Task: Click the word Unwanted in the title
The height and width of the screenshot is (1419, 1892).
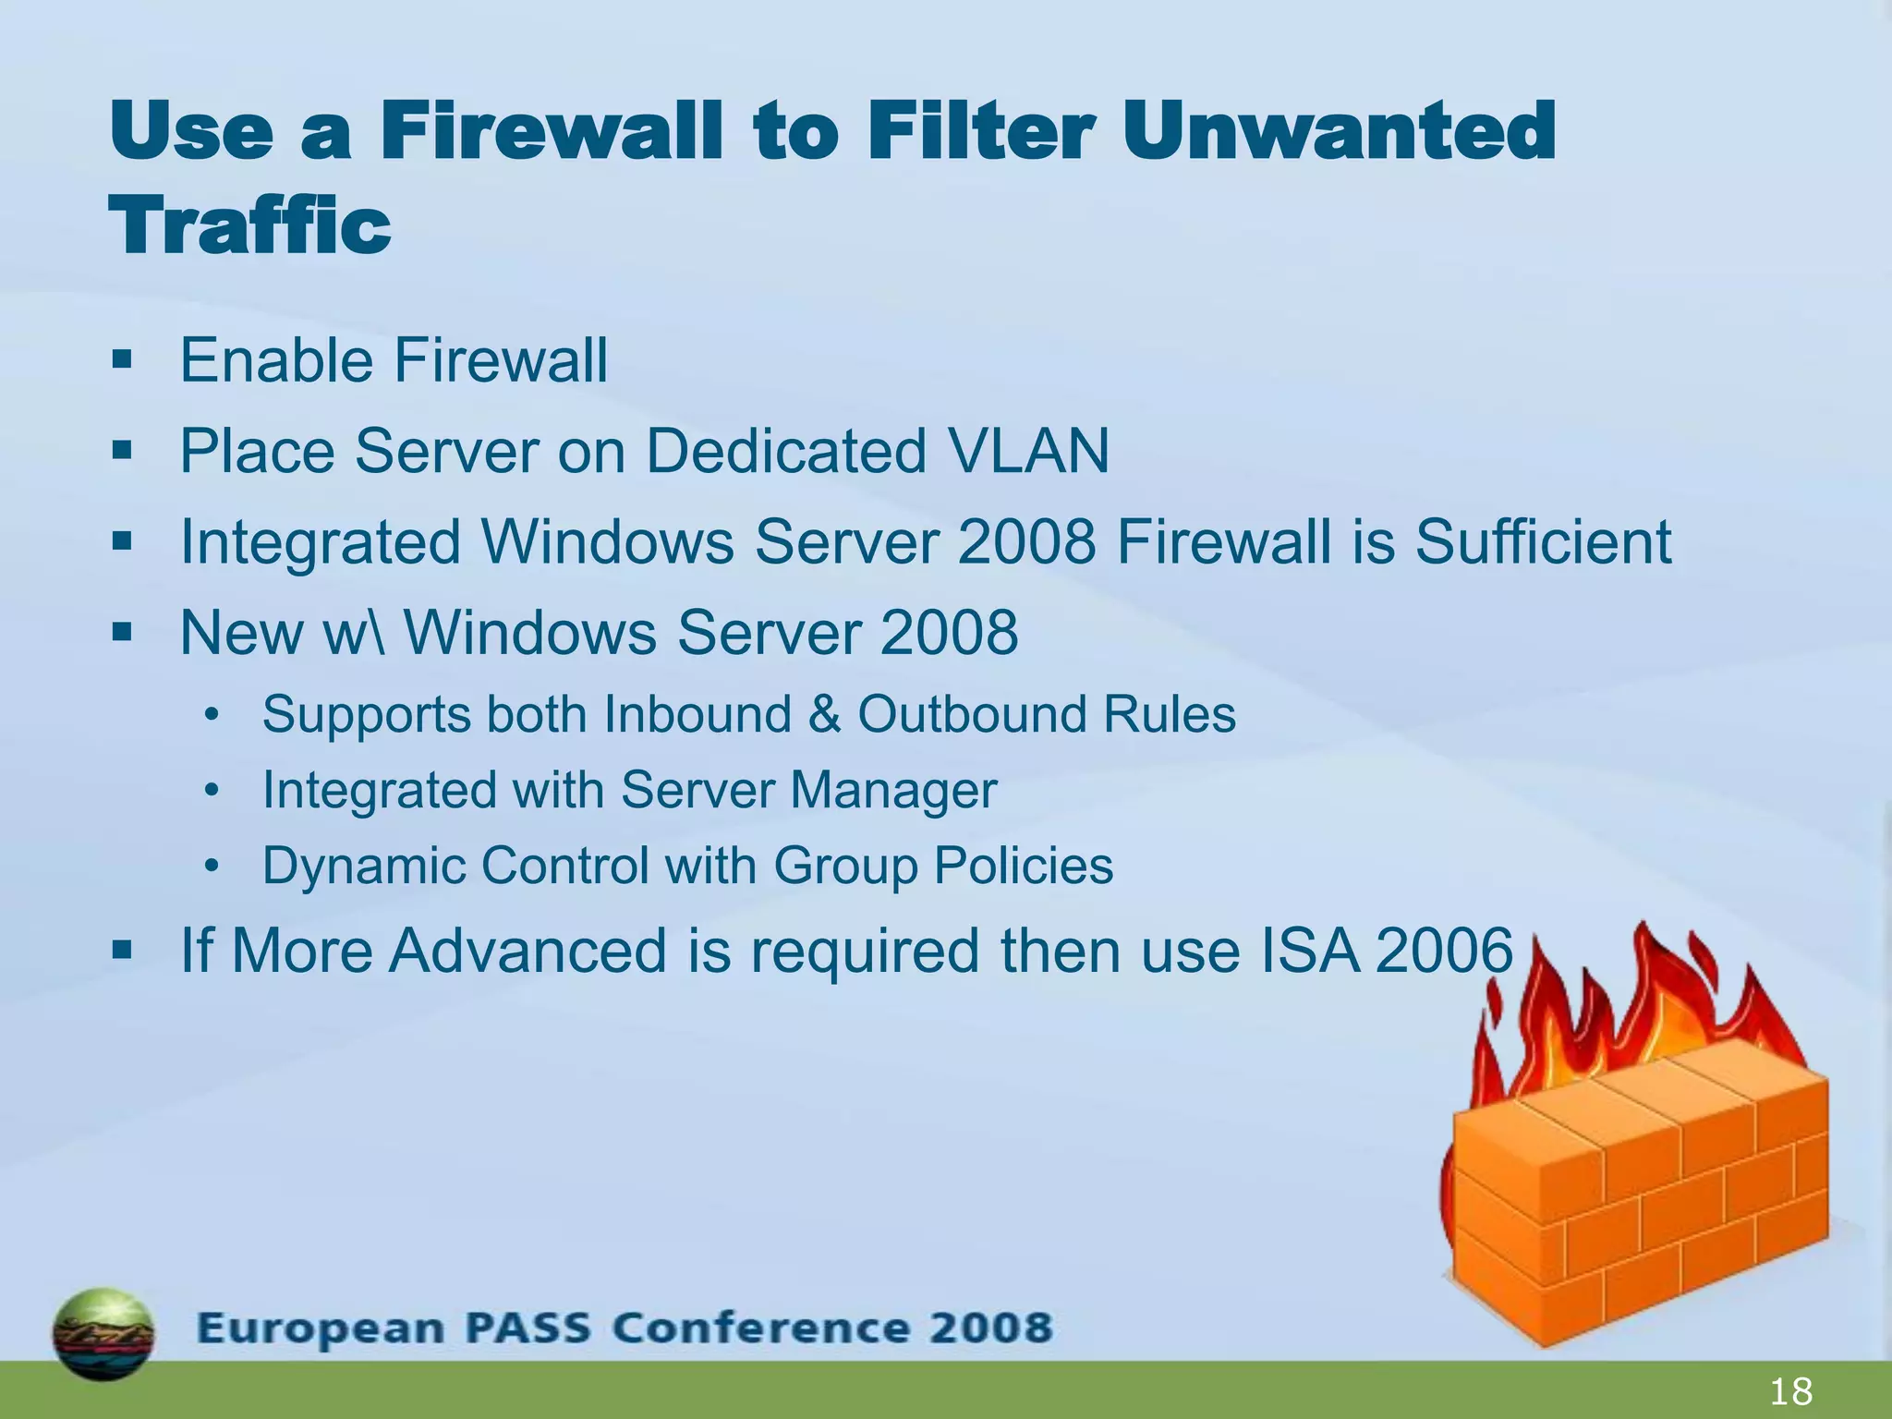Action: pos(1340,131)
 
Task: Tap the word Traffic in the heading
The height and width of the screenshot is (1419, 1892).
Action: pos(250,225)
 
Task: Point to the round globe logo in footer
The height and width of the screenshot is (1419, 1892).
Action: pos(103,1333)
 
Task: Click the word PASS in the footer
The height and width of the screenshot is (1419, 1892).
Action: pos(528,1328)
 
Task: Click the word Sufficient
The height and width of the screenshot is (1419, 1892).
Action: pos(1543,541)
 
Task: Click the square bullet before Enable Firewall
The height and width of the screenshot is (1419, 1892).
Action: pos(122,359)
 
